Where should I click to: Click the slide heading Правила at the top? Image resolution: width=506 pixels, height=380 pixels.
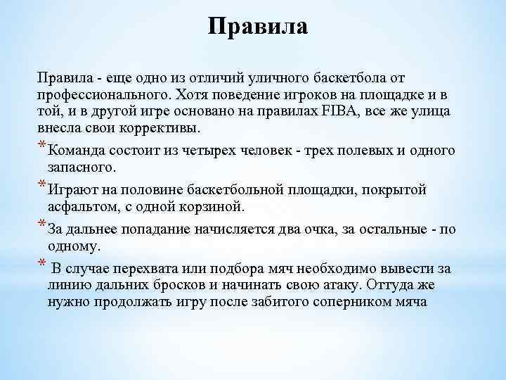259,27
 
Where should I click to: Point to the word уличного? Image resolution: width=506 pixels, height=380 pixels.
268,75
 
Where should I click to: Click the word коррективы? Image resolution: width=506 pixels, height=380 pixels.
160,129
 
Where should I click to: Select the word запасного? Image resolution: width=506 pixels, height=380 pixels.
82,168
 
